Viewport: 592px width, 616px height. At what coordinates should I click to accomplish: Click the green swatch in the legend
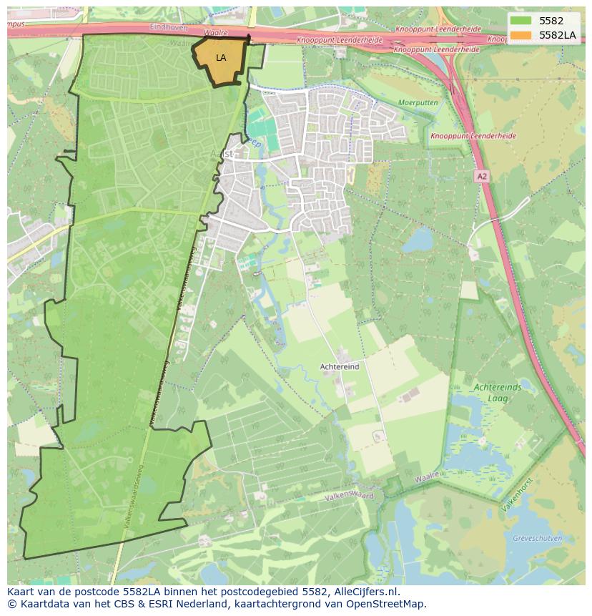coord(521,21)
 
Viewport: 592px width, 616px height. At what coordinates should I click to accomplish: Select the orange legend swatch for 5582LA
coord(521,35)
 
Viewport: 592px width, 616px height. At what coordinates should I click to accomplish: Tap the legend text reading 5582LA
coord(558,35)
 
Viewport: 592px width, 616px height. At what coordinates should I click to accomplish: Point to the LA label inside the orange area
coord(221,58)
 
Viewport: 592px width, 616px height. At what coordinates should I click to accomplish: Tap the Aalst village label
coord(222,154)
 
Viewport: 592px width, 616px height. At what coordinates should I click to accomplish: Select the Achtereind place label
coord(340,366)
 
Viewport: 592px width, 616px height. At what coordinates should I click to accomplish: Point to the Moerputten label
coord(418,103)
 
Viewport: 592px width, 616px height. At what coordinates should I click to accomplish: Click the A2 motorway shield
coord(483,175)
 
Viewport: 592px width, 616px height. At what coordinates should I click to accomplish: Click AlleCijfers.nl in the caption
coord(367,592)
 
